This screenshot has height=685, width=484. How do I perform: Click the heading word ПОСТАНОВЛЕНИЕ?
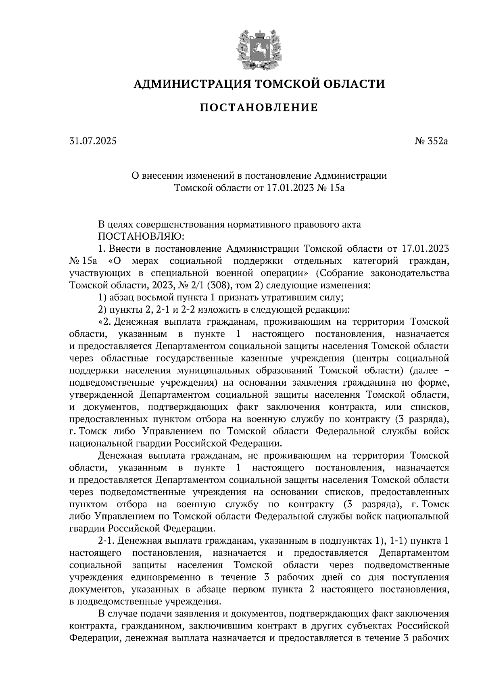click(x=259, y=108)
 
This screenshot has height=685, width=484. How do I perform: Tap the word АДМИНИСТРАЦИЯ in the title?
click(x=187, y=84)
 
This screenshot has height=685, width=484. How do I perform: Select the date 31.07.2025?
click(x=92, y=142)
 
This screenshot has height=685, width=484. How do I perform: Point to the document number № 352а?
click(x=432, y=142)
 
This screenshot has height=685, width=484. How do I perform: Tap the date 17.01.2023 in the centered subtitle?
click(x=290, y=188)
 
